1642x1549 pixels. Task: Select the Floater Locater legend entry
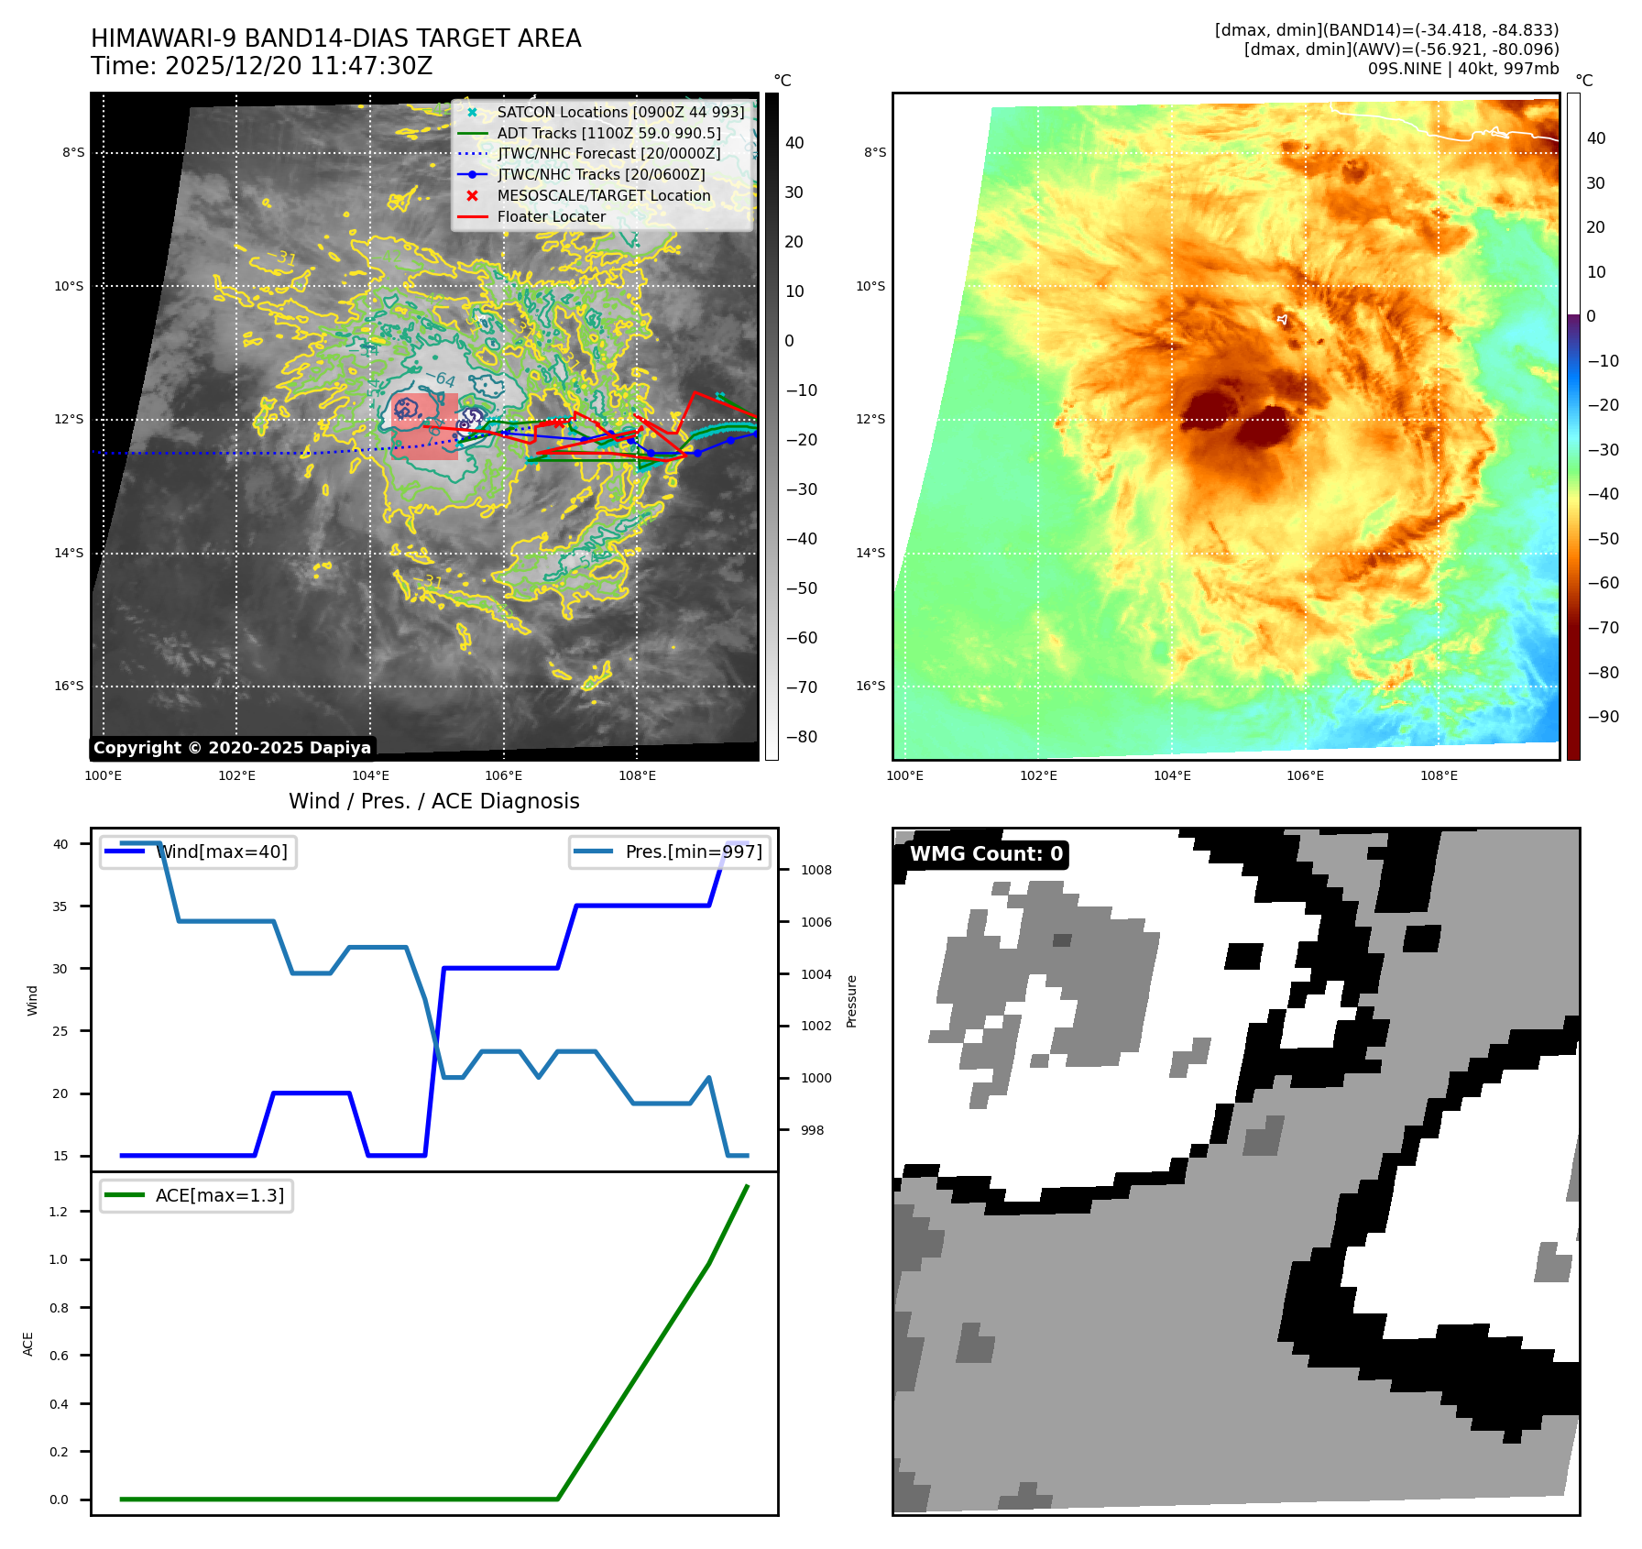(x=551, y=216)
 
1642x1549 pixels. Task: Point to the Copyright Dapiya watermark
(x=232, y=748)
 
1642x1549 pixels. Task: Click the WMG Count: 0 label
(x=985, y=854)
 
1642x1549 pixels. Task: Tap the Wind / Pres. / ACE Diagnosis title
(x=433, y=801)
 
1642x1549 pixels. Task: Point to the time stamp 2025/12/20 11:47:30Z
(x=261, y=66)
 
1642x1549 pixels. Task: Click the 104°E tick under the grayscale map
(x=370, y=775)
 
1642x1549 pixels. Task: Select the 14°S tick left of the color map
(x=870, y=553)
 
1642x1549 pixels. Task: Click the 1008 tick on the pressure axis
(x=816, y=870)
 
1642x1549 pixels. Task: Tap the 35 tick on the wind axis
(x=60, y=906)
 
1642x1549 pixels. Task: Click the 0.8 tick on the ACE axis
(x=59, y=1308)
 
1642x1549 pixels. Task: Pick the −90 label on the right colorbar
(x=1603, y=717)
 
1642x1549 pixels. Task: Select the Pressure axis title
(x=851, y=1001)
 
